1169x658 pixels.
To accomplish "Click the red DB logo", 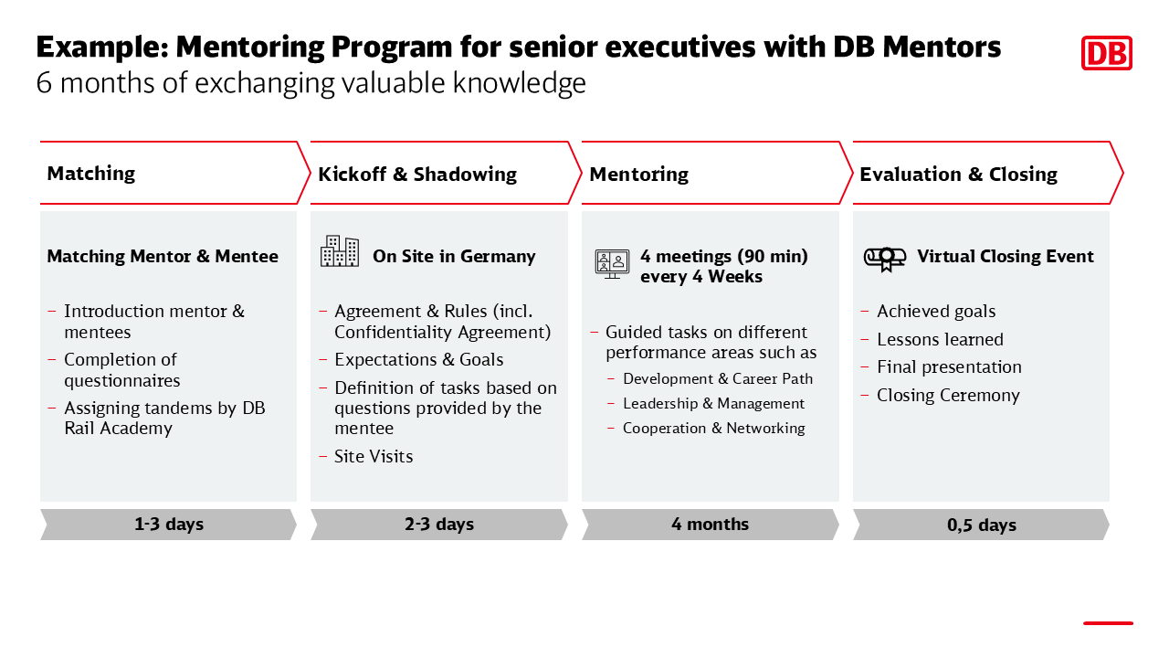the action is (1106, 53).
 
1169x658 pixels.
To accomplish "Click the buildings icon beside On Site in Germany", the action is (340, 251).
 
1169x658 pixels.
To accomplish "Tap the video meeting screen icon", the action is (612, 264).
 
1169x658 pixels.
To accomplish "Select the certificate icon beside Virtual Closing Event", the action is (885, 259).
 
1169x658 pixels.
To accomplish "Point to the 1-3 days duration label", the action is (169, 524).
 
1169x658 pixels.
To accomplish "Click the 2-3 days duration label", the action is (439, 524).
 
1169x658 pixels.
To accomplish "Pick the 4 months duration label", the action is (710, 524).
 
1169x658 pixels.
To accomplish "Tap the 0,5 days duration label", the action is (982, 525).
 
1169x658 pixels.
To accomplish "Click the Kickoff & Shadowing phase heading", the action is (417, 174).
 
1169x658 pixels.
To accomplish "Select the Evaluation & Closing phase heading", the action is (959, 174).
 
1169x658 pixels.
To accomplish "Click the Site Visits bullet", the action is (374, 456).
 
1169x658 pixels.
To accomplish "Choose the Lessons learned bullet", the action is (940, 339).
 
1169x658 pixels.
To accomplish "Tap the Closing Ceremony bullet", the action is (948, 396).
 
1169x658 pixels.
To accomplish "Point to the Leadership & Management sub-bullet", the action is (713, 403).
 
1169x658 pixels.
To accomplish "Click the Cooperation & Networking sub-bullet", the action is (714, 428).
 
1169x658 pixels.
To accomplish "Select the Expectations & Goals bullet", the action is (419, 360).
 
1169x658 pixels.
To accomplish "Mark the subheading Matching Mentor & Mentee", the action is (163, 257).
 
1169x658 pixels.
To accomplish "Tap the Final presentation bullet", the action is (949, 367).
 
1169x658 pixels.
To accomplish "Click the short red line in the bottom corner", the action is (1108, 623).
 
